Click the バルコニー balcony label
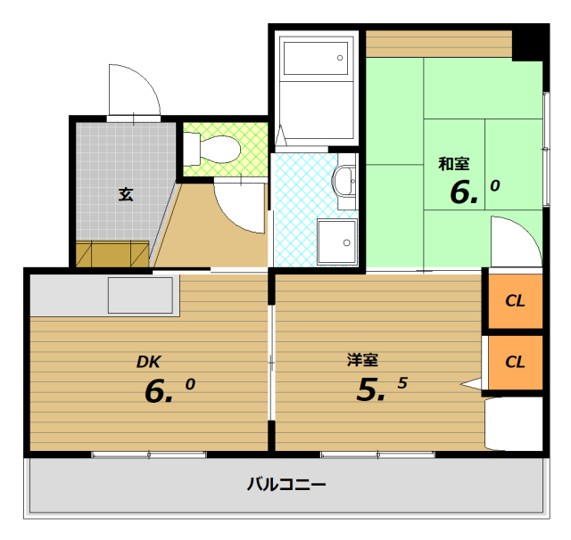click(285, 486)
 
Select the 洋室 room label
click(363, 360)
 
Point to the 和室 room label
click(454, 163)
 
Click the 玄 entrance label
click(126, 193)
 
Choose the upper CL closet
click(514, 300)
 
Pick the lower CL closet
click(514, 362)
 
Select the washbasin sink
click(343, 182)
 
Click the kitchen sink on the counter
click(141, 295)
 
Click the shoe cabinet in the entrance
click(112, 253)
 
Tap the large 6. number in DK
click(160, 391)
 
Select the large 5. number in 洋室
click(371, 389)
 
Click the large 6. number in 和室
click(464, 192)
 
